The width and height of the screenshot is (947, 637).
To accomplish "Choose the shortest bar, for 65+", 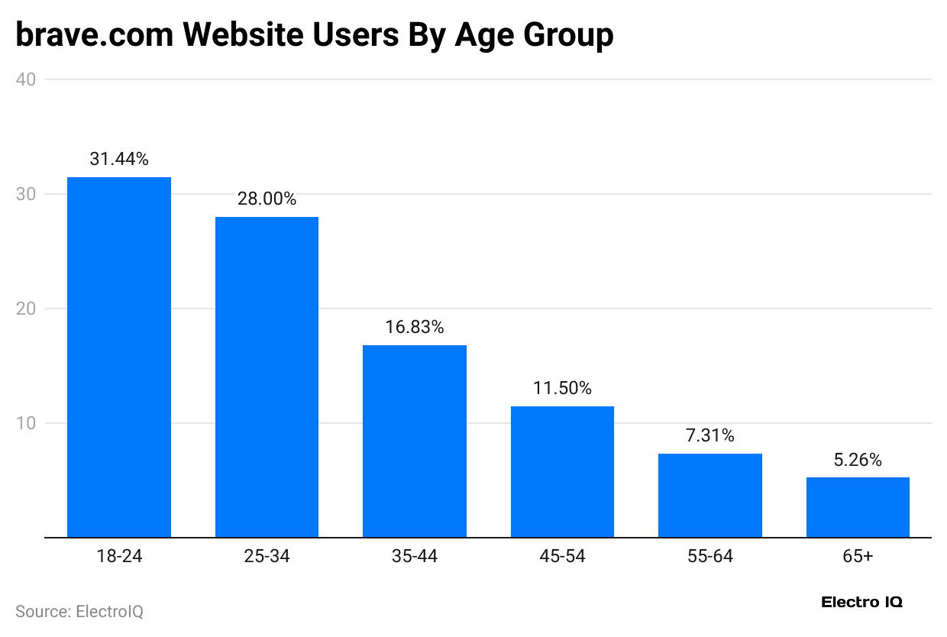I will tap(858, 507).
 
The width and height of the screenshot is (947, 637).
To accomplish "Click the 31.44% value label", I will tap(119, 160).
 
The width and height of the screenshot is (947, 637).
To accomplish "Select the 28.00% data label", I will tap(267, 199).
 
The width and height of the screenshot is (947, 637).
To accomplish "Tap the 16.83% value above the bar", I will tap(414, 327).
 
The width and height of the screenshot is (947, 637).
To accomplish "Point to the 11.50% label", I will tap(562, 388).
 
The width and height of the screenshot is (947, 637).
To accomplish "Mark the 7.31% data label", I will tap(709, 435).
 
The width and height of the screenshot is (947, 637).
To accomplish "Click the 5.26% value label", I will tap(858, 460).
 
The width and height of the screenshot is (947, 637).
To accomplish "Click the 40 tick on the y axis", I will tap(26, 79).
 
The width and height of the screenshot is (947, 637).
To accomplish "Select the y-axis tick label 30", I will tap(26, 194).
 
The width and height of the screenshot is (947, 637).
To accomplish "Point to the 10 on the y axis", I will tap(26, 423).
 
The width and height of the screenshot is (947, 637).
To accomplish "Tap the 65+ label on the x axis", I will tap(858, 557).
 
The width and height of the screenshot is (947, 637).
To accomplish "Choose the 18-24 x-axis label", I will tap(119, 557).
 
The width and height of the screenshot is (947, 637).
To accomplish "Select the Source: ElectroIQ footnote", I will tap(79, 612).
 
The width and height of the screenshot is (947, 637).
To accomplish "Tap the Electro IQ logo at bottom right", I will tap(861, 602).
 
